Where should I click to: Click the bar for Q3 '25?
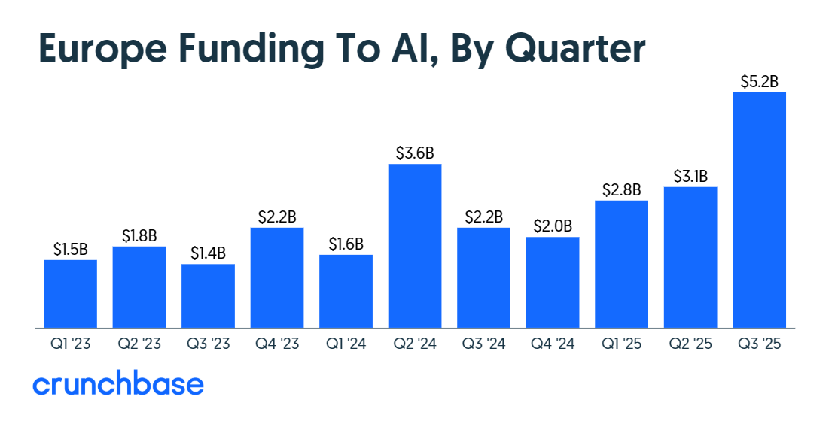click(x=759, y=210)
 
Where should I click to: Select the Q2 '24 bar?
click(x=415, y=246)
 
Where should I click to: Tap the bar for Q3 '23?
click(x=209, y=296)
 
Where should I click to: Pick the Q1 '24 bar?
click(x=346, y=291)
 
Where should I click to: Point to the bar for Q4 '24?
click(x=553, y=282)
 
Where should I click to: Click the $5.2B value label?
click(x=760, y=82)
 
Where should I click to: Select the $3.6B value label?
click(x=415, y=153)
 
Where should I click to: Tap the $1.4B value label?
click(x=209, y=253)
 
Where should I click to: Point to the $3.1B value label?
click(x=690, y=176)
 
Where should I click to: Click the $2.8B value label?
click(x=621, y=189)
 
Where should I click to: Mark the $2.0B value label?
click(x=553, y=226)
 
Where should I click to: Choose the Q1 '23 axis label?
click(x=71, y=344)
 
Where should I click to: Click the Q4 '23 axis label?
click(x=277, y=344)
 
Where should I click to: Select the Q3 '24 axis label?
click(x=483, y=344)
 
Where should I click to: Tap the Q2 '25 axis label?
click(x=690, y=344)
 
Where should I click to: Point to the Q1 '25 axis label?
click(x=621, y=344)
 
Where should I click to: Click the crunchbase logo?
click(x=118, y=384)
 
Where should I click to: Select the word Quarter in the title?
click(x=574, y=49)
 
